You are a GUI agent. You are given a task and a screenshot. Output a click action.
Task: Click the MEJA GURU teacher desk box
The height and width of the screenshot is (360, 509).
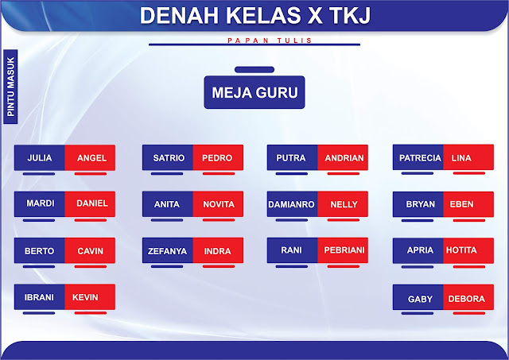click(x=254, y=93)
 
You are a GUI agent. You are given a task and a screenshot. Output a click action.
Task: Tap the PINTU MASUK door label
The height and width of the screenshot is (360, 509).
click(x=11, y=86)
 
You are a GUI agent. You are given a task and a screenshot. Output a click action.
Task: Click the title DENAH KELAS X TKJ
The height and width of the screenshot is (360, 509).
click(x=254, y=16)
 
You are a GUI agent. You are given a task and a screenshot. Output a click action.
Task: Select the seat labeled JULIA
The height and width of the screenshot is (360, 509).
click(x=40, y=158)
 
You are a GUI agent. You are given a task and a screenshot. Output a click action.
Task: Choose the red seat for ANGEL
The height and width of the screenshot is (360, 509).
click(x=91, y=158)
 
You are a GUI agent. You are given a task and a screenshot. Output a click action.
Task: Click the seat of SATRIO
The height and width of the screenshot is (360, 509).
click(x=168, y=158)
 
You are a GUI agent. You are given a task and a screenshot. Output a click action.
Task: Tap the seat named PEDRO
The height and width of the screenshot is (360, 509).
click(x=217, y=158)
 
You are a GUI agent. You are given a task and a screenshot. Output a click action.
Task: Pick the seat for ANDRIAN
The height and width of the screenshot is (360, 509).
click(x=344, y=158)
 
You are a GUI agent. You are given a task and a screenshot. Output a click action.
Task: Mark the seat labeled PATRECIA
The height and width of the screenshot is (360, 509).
click(x=419, y=158)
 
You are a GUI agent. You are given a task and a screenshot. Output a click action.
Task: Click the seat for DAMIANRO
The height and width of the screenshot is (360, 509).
click(x=292, y=204)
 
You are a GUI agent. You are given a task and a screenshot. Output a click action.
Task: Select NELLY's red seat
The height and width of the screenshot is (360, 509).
click(x=344, y=204)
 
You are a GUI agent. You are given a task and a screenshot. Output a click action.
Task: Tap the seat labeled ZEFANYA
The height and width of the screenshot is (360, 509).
click(x=168, y=251)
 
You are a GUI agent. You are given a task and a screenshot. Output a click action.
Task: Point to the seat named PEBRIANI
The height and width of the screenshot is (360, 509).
click(x=344, y=250)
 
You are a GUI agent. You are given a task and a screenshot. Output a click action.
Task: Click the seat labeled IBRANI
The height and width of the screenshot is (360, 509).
click(x=40, y=297)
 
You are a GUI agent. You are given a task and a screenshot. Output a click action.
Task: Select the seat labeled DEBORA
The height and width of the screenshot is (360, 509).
click(x=468, y=299)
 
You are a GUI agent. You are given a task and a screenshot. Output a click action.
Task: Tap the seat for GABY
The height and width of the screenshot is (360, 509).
click(x=420, y=299)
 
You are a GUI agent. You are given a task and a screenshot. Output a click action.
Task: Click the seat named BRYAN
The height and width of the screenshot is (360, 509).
click(x=420, y=204)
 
